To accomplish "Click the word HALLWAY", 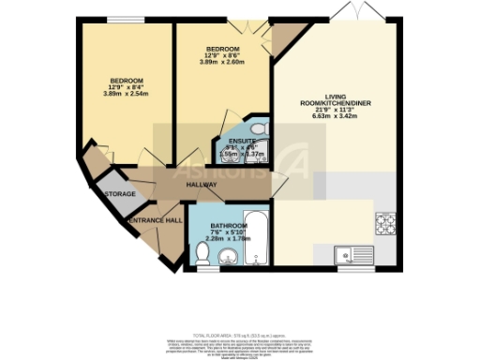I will [x=201, y=185].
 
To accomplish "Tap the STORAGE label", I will [x=121, y=193].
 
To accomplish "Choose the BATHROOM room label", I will [x=228, y=226].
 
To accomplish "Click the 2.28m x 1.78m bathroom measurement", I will [x=228, y=240].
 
